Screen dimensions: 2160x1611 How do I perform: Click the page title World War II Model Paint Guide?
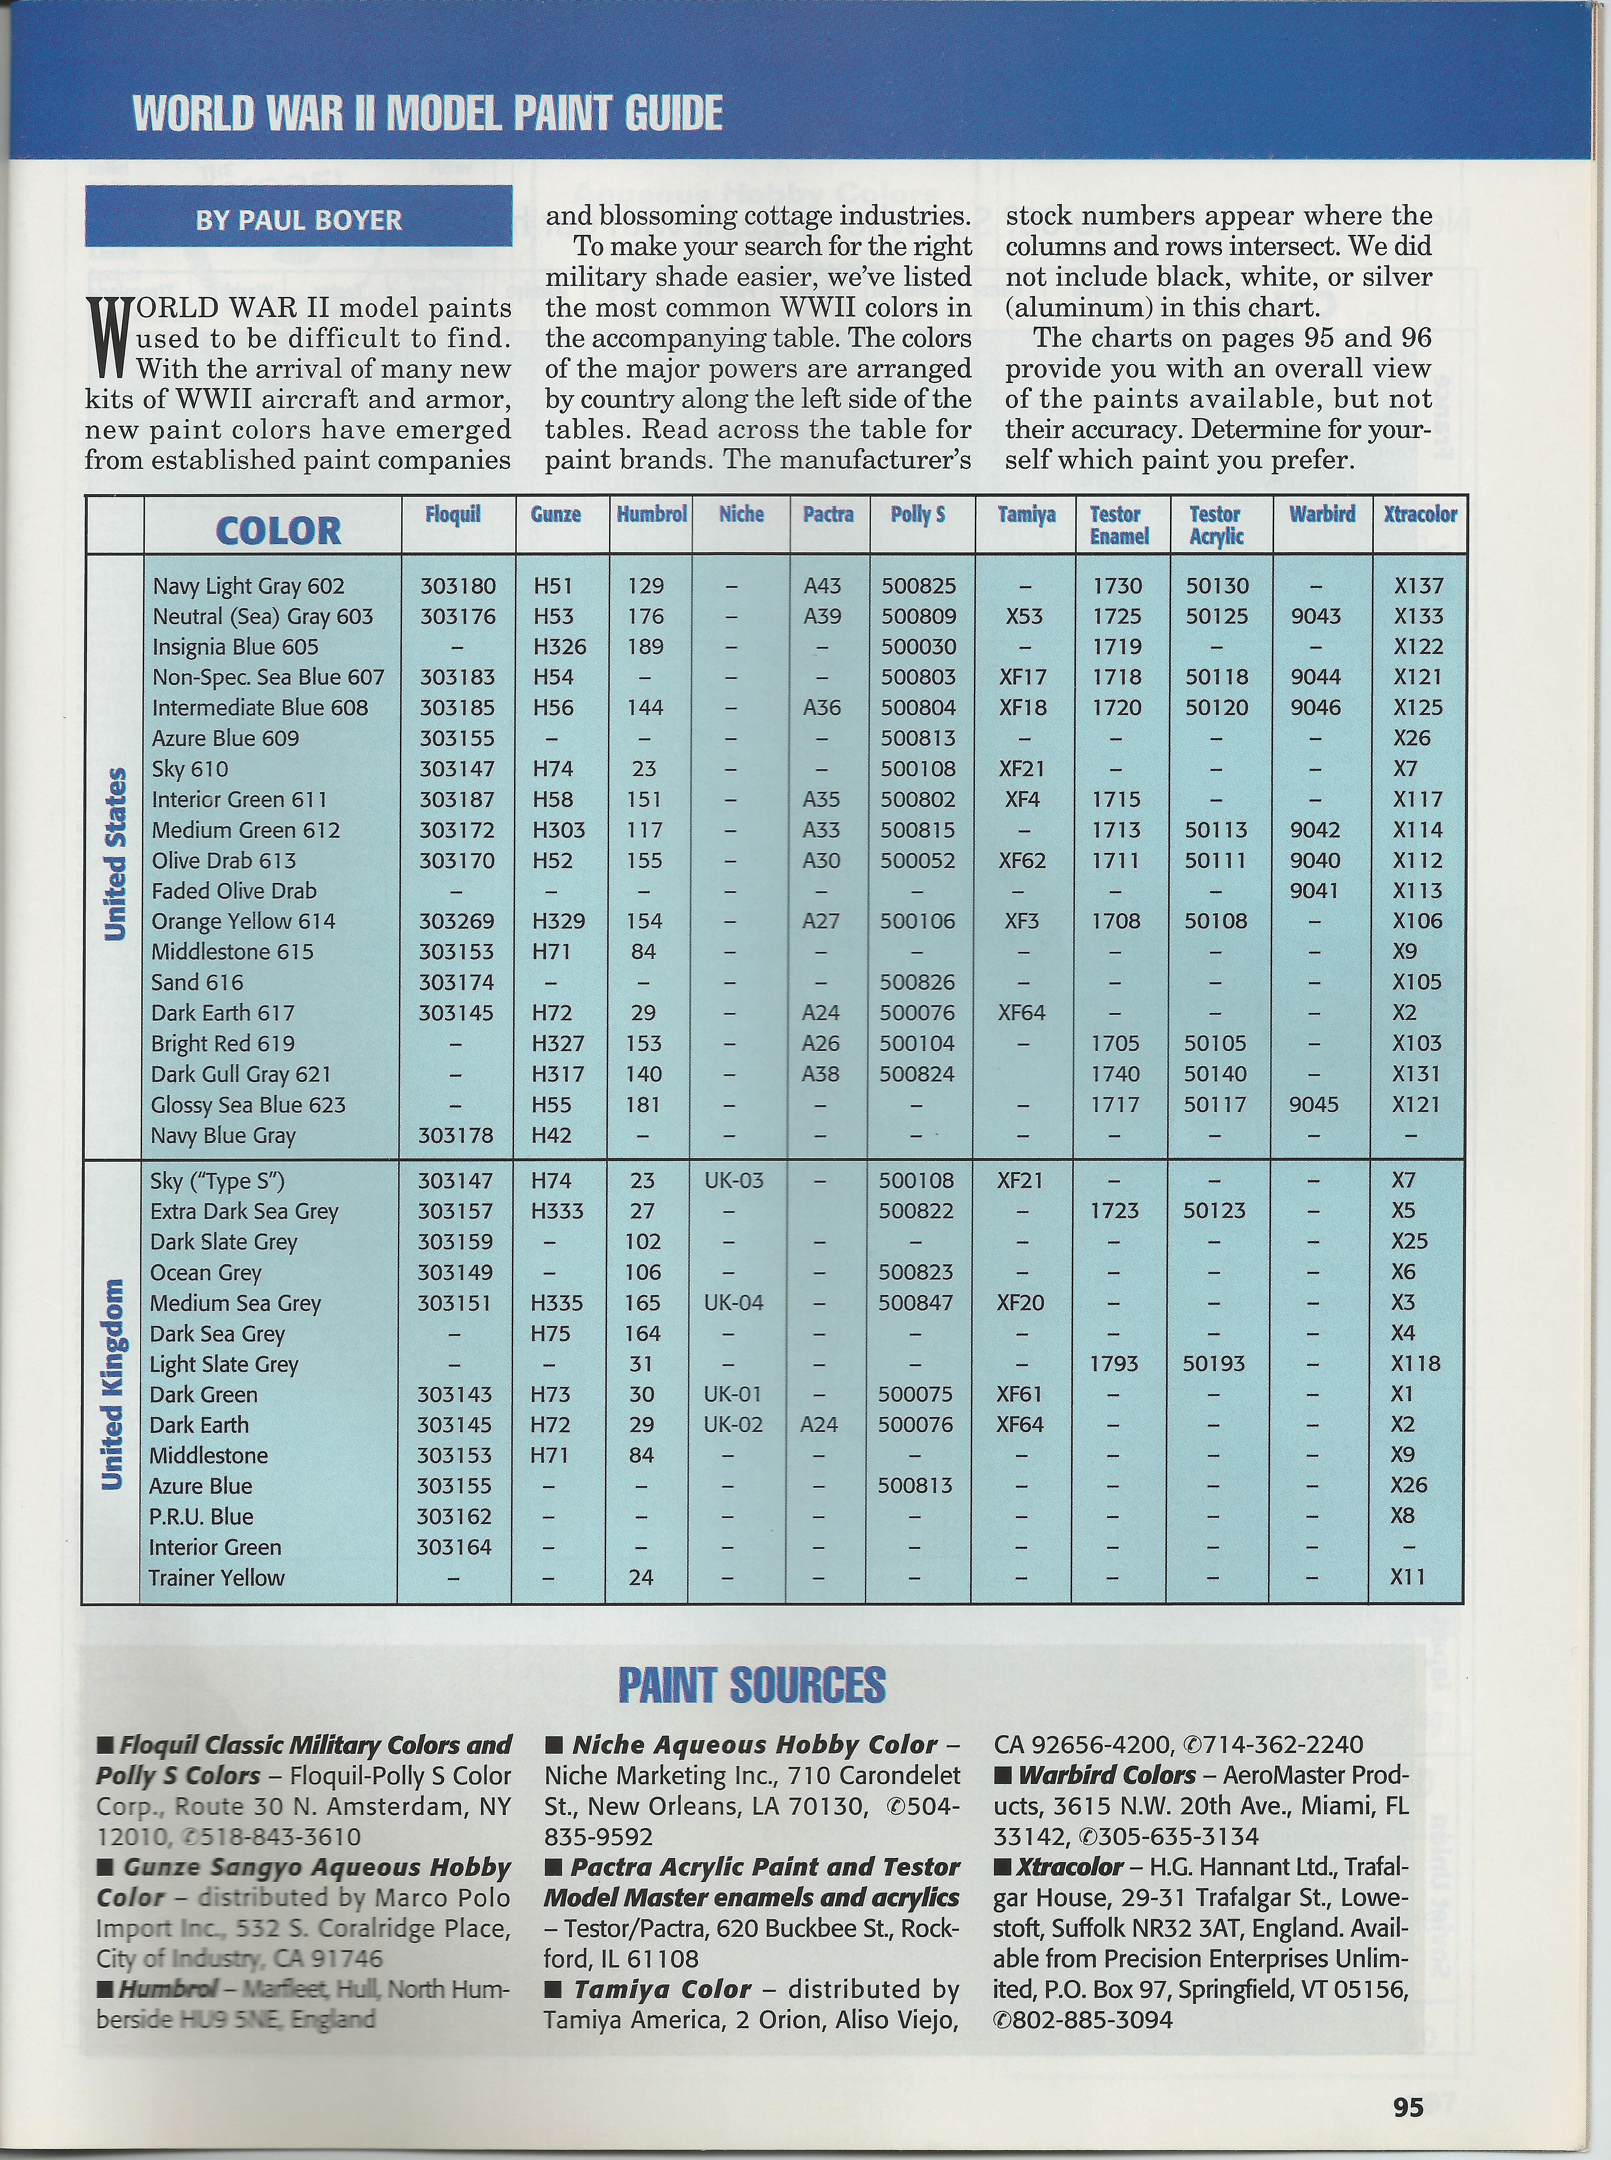(427, 113)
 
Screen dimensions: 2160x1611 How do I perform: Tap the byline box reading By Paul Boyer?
(299, 220)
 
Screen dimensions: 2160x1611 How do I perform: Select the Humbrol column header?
(650, 514)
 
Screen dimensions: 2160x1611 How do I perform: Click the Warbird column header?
(1321, 514)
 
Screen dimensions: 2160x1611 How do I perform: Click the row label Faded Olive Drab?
(234, 891)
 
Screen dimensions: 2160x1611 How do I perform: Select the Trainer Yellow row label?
(216, 1577)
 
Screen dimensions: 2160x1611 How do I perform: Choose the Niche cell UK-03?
(733, 1180)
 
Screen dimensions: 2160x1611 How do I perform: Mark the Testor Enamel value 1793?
(1114, 1364)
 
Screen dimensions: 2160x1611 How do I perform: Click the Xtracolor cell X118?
(1415, 1364)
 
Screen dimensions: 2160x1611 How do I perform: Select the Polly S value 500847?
(915, 1303)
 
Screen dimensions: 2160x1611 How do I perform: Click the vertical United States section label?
(116, 854)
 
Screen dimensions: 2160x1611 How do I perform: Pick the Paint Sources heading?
(752, 1686)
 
